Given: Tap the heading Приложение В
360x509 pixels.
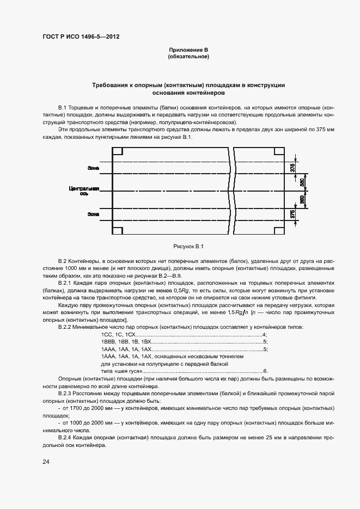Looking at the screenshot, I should (x=188, y=50).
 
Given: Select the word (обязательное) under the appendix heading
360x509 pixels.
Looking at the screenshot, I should (x=188, y=57).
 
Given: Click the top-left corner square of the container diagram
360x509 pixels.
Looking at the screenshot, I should (x=117, y=152).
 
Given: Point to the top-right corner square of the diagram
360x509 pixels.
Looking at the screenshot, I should (x=279, y=152).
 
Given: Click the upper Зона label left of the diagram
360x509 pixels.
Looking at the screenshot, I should (x=93, y=168).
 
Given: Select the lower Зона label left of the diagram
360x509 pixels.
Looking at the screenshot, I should (x=93, y=214).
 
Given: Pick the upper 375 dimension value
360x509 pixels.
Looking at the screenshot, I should (x=292, y=167).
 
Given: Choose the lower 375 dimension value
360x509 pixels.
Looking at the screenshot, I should (x=292, y=214).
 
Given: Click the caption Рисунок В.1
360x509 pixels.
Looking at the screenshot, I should (x=188, y=246).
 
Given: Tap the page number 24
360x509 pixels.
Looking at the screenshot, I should (x=46, y=462).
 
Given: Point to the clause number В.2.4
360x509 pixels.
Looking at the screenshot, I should (x=67, y=438).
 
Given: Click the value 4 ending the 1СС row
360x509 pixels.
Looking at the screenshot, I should (x=264, y=334).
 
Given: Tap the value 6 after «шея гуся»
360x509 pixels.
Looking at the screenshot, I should (x=265, y=370).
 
